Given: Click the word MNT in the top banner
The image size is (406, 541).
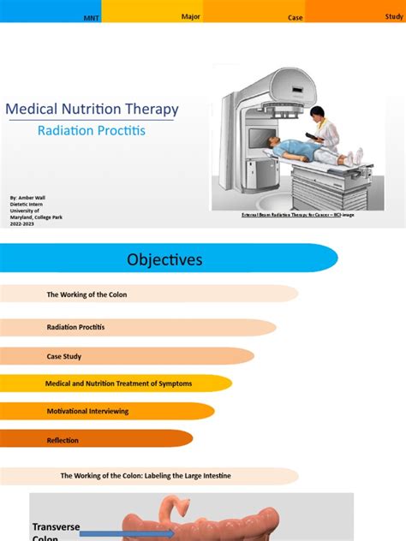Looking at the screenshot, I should tap(90, 18).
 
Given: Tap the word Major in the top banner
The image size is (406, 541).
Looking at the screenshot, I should tap(190, 16).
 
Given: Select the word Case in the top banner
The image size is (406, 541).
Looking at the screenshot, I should tap(296, 18).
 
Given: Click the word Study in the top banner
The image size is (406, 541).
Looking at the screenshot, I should tap(394, 15).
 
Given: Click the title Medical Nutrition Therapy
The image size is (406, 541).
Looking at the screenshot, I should tap(92, 110).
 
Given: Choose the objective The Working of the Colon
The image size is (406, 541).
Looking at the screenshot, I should tap(87, 294).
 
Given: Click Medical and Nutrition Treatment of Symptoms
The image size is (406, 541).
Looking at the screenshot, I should tap(118, 383).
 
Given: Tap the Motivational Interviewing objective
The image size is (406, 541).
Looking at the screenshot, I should tap(87, 412).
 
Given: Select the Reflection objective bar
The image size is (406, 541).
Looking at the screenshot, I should tap(63, 440).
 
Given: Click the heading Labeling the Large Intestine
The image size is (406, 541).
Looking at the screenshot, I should tap(146, 475).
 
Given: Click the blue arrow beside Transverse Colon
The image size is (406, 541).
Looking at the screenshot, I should tap(128, 534).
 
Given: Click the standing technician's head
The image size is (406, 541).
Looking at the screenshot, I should tap(318, 114).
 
